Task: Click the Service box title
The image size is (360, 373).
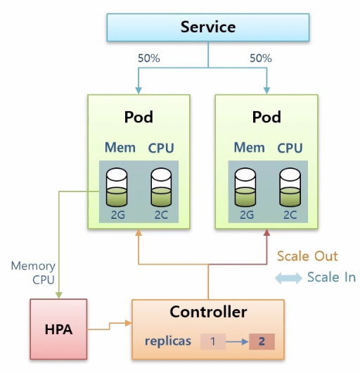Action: pos(208,27)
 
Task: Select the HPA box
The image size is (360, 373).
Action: pos(58,329)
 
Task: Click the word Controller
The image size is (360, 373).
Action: pos(208,312)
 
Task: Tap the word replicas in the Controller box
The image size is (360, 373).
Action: pos(168,341)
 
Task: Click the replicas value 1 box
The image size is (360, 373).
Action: pos(212,341)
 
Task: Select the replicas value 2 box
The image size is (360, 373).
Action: pos(262,341)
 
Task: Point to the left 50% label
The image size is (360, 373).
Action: pos(149,58)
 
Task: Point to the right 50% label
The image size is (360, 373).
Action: pos(261,58)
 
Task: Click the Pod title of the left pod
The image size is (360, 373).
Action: pos(139,117)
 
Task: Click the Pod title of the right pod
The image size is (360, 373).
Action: pos(266,117)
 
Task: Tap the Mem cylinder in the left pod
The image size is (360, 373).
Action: pos(117,187)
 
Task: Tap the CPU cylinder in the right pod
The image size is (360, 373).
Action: pos(290,187)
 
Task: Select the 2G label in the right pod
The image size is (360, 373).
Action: pos(247,215)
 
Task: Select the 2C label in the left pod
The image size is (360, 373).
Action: pos(161,215)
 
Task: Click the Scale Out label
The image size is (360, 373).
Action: pos(307,256)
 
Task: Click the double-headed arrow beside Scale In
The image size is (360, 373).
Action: pos(288,278)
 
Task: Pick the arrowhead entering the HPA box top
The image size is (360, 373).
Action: pos(58,295)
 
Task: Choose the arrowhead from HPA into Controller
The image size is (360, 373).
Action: pos(128,323)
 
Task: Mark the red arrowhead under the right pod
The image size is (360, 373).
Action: pos(266,232)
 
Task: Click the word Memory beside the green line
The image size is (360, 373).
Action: pos(33,266)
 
